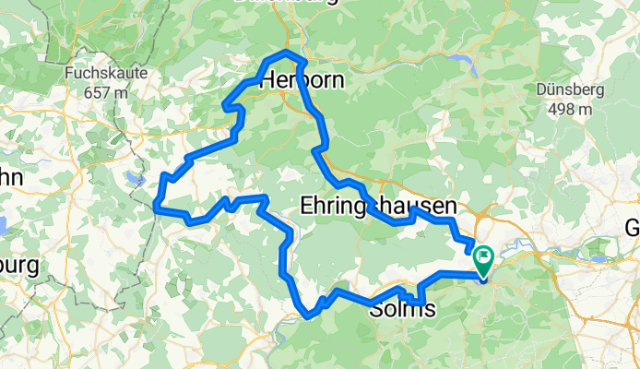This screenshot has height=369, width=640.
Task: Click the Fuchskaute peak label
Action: (103, 73)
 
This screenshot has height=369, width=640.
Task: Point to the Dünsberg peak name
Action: (569, 90)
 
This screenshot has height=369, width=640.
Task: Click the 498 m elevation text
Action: (569, 109)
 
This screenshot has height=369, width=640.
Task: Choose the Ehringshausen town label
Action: (378, 205)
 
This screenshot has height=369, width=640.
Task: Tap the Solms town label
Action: (402, 310)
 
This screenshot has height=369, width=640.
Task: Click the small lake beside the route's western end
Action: (136, 178)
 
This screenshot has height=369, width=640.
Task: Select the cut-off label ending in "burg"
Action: (18, 268)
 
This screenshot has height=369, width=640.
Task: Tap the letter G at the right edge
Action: (633, 227)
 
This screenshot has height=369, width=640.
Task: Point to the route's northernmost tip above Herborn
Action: (288, 54)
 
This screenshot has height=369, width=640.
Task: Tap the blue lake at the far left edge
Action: (3, 223)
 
